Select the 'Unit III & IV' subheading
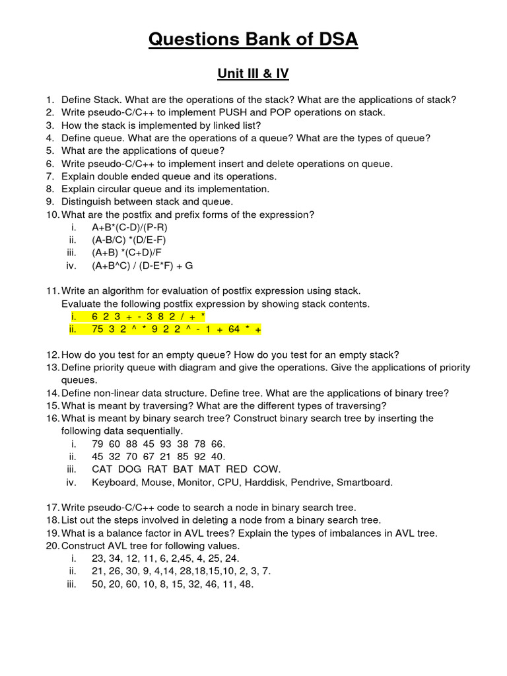(253, 73)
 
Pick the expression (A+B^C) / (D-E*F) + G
(142, 265)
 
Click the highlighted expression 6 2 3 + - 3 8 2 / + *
(149, 317)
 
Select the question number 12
(52, 355)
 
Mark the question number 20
(52, 546)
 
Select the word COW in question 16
(267, 469)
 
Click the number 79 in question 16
(98, 444)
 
